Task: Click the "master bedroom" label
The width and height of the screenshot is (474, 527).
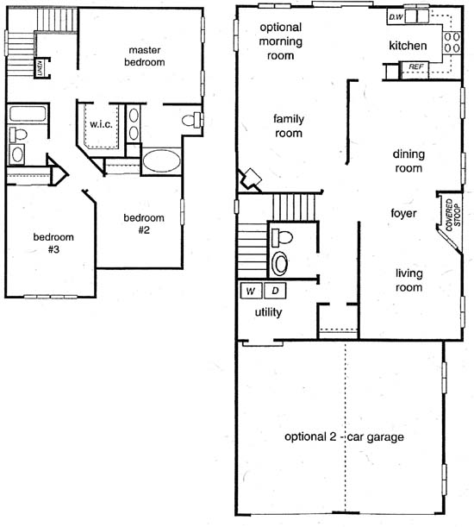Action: click(145, 56)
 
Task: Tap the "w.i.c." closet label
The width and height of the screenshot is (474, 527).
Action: click(101, 124)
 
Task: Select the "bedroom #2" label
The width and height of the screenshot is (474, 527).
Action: click(144, 224)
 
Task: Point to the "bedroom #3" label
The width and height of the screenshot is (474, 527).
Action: click(53, 243)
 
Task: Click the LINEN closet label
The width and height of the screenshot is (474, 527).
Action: click(40, 68)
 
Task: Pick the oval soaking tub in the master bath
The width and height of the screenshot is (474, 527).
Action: click(161, 160)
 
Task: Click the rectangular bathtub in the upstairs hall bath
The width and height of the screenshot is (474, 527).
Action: click(28, 114)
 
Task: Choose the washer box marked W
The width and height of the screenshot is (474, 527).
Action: click(251, 291)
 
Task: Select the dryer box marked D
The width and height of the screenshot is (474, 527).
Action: click(275, 291)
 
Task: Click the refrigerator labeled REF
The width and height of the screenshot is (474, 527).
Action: click(415, 70)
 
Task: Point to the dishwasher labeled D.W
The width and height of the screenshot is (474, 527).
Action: click(396, 16)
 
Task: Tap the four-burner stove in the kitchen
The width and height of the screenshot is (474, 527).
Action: click(452, 42)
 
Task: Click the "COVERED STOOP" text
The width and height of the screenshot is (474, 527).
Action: click(452, 215)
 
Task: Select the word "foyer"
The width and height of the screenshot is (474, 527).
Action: click(403, 213)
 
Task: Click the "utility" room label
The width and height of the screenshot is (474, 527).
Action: click(268, 312)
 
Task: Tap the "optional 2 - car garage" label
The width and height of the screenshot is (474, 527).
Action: click(344, 436)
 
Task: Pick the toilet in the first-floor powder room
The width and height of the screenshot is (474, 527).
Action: click(282, 237)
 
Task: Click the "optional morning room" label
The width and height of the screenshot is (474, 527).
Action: click(280, 41)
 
